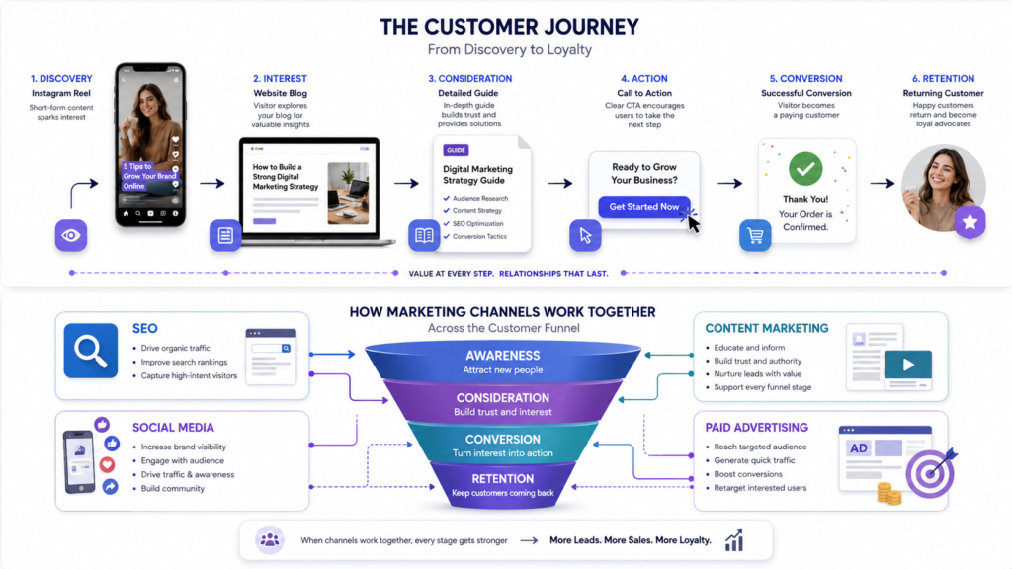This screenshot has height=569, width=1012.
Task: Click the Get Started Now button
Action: pos(643,207)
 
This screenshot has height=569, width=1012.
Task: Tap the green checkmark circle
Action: pos(805,168)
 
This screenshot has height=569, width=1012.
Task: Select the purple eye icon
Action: pos(71,235)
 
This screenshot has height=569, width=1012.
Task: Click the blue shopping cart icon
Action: pos(755,235)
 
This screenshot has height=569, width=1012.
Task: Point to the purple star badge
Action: pos(970,222)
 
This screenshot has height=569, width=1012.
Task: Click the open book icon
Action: pos(424,235)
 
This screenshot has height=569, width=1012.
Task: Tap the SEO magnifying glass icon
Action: pos(91,351)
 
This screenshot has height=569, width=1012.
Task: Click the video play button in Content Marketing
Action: pos(908,366)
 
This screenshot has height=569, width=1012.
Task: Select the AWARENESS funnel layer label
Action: pos(503,356)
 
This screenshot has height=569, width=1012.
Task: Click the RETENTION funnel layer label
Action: pos(503,479)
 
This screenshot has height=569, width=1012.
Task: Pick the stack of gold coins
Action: pos(888,494)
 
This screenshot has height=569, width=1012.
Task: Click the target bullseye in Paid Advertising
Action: pos(930,473)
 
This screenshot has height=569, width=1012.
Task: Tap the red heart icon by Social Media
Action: pos(107,464)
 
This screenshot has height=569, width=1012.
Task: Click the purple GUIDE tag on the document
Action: pos(456,150)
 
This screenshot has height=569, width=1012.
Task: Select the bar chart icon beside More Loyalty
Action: pos(734,540)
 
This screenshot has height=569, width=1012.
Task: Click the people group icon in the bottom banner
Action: pos(270,540)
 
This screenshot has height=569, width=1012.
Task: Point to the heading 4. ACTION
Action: pos(644,79)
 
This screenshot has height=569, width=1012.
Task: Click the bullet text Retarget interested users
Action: pos(760,488)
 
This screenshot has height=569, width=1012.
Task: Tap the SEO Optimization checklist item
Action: pos(477,224)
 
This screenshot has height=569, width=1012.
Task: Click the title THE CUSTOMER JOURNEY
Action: pos(509,27)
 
